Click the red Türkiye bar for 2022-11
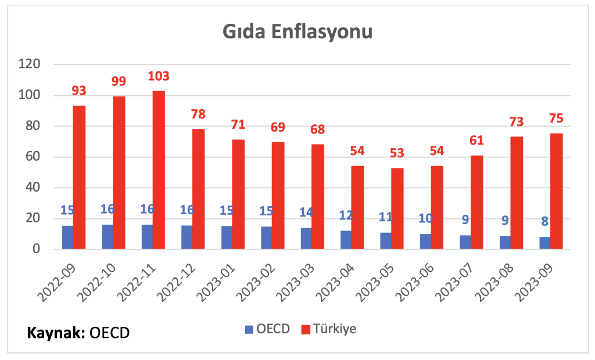point(159,170)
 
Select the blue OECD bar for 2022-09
point(67,237)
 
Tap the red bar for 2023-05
point(397,208)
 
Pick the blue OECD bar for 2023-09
point(545,243)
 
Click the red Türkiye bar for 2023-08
point(517,193)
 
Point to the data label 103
point(159,76)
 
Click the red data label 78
point(198,114)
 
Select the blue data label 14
point(306,212)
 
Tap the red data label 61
point(476,141)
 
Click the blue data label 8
point(545,221)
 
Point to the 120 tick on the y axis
point(30,64)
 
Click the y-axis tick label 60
point(33,156)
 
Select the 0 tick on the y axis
point(37,249)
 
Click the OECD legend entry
point(268,329)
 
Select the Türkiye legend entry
point(329,329)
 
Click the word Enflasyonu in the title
point(322,32)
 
